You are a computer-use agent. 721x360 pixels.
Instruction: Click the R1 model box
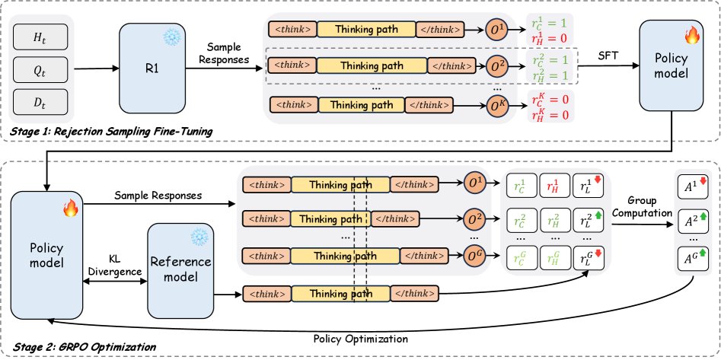(152, 68)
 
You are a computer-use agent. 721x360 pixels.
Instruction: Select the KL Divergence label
(116, 263)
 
